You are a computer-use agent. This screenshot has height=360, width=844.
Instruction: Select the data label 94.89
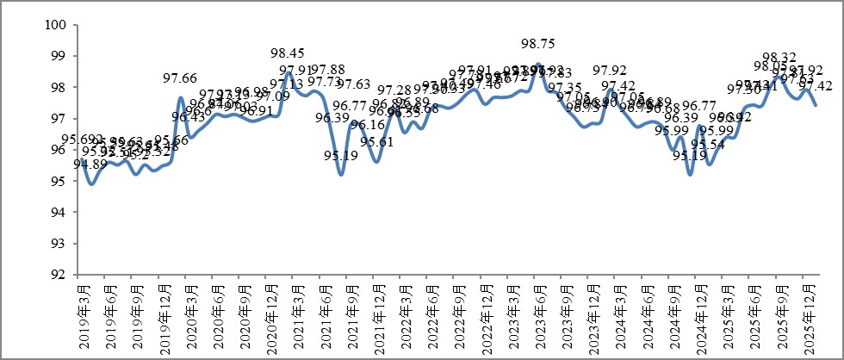pos(90,164)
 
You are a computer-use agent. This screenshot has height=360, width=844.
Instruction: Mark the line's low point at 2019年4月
pos(91,183)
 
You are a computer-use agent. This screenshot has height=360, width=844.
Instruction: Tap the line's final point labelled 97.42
pos(816,105)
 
